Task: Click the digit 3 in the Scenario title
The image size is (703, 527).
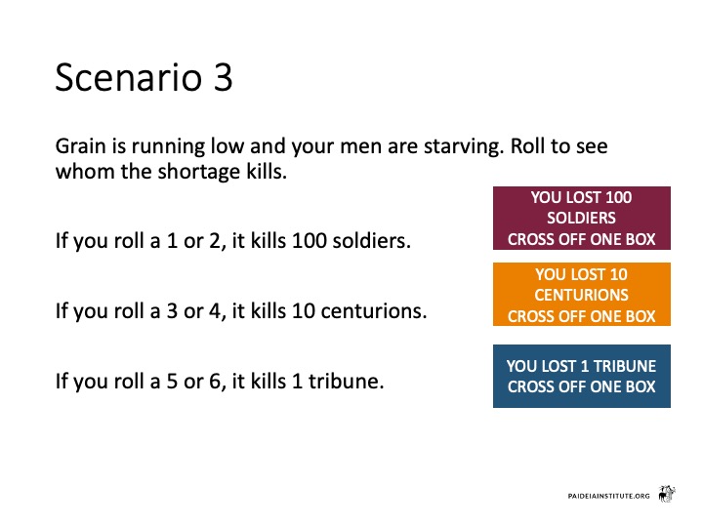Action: (x=223, y=77)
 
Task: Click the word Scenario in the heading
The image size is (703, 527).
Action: (x=129, y=77)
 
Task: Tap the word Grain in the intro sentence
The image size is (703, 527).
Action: (x=80, y=146)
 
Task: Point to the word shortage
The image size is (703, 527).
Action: (x=198, y=172)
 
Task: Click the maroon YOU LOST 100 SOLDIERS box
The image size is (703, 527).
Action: (x=582, y=219)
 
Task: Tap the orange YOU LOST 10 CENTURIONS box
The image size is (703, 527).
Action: (x=582, y=295)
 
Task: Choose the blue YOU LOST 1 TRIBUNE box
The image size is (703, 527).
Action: (x=582, y=376)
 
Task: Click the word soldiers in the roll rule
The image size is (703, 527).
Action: (x=372, y=241)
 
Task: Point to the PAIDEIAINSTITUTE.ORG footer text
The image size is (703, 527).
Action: (x=608, y=496)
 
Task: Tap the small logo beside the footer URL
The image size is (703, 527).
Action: (x=667, y=494)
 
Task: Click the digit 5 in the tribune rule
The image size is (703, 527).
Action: (x=172, y=382)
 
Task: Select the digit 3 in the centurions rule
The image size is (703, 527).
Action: (x=172, y=311)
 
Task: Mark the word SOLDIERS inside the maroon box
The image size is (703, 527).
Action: (x=582, y=219)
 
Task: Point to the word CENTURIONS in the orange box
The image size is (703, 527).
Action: (x=582, y=295)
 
